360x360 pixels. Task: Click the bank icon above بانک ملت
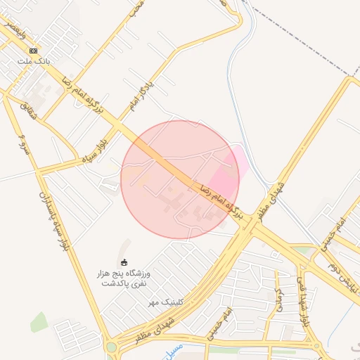tap(33, 51)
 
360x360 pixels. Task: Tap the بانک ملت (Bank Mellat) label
tap(33, 61)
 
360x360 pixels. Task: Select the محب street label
tap(137, 8)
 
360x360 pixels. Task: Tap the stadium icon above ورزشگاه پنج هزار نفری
tap(125, 262)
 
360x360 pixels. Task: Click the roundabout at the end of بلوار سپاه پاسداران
tap(111, 346)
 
